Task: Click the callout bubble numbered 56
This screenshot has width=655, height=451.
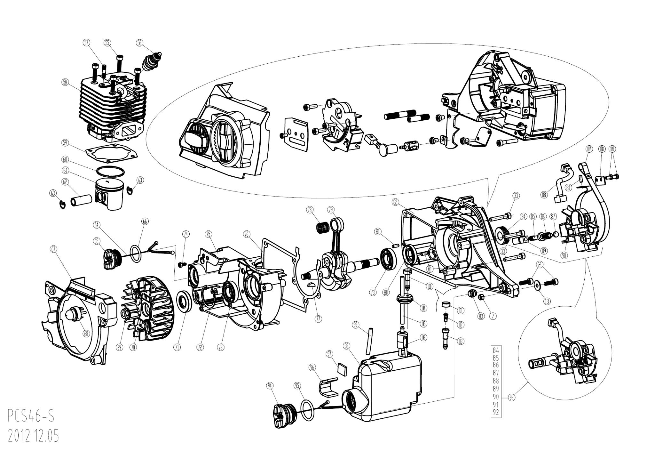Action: [x=139, y=43]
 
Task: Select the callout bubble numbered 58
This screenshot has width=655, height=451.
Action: [x=65, y=82]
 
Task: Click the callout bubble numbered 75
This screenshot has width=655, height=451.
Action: [x=209, y=234]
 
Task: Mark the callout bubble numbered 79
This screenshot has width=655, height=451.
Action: [x=331, y=210]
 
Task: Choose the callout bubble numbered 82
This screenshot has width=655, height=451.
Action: [x=395, y=202]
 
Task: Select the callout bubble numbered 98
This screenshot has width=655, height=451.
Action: [x=347, y=346]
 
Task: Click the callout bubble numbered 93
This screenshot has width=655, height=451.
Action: [x=512, y=398]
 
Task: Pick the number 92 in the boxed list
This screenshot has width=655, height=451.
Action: [x=496, y=413]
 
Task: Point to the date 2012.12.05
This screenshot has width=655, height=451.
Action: [x=33, y=436]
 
